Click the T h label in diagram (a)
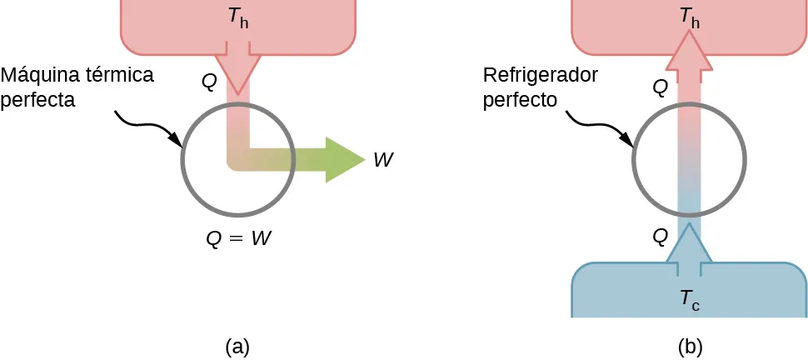pyautogui.click(x=238, y=19)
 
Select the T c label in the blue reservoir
pyautogui.click(x=689, y=300)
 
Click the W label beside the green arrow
pyautogui.click(x=383, y=158)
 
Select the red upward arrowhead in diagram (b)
pyautogui.click(x=689, y=52)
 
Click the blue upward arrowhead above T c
pyautogui.click(x=689, y=242)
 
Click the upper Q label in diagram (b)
pyautogui.click(x=659, y=86)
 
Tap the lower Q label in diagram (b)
pyautogui.click(x=660, y=236)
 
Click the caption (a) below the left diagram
pyautogui.click(x=237, y=344)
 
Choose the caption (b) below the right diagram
pyautogui.click(x=689, y=344)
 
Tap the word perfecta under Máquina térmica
pyautogui.click(x=37, y=100)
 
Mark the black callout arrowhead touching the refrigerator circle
pyautogui.click(x=627, y=138)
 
